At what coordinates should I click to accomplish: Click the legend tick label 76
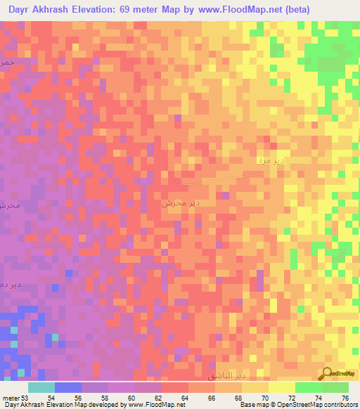pos(345,398)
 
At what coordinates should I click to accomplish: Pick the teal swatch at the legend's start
pos(41,387)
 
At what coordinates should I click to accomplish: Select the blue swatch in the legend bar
pos(67,387)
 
